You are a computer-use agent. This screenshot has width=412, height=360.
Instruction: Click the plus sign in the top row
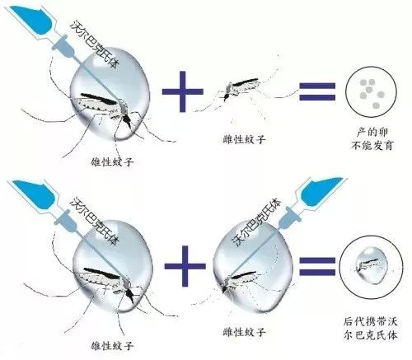coord(183,91)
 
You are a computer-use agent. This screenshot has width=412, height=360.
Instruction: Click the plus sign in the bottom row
coord(185,266)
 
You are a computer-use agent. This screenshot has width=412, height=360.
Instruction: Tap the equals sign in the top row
coord(317,91)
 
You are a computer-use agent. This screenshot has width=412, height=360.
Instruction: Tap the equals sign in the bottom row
coord(317,266)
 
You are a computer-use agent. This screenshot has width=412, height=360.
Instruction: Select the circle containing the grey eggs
coord(371,91)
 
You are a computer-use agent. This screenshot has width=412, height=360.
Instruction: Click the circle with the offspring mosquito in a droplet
coord(371,267)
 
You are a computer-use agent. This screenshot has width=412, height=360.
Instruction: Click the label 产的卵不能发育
coord(372,138)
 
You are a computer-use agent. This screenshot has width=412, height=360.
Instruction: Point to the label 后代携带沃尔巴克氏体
coord(371,329)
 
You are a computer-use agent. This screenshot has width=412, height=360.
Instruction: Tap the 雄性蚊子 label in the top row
coord(112,161)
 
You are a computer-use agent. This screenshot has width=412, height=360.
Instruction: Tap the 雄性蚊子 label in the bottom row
coord(112,345)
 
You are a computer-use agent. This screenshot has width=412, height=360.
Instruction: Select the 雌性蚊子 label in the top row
coord(244,139)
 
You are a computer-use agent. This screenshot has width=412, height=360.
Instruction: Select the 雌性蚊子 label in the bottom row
coord(244,332)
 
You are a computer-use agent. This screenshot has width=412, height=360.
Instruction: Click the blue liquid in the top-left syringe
coord(36,21)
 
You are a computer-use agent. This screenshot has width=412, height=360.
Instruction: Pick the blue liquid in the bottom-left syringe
coord(36,194)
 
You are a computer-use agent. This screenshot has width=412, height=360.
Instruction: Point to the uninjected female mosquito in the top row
coord(239,88)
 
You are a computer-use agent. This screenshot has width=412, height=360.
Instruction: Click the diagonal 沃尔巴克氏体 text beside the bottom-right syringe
coord(257,222)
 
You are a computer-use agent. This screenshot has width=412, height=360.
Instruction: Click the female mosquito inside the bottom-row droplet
coord(241,283)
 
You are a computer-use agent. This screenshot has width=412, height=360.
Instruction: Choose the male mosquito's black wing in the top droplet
coord(100,99)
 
